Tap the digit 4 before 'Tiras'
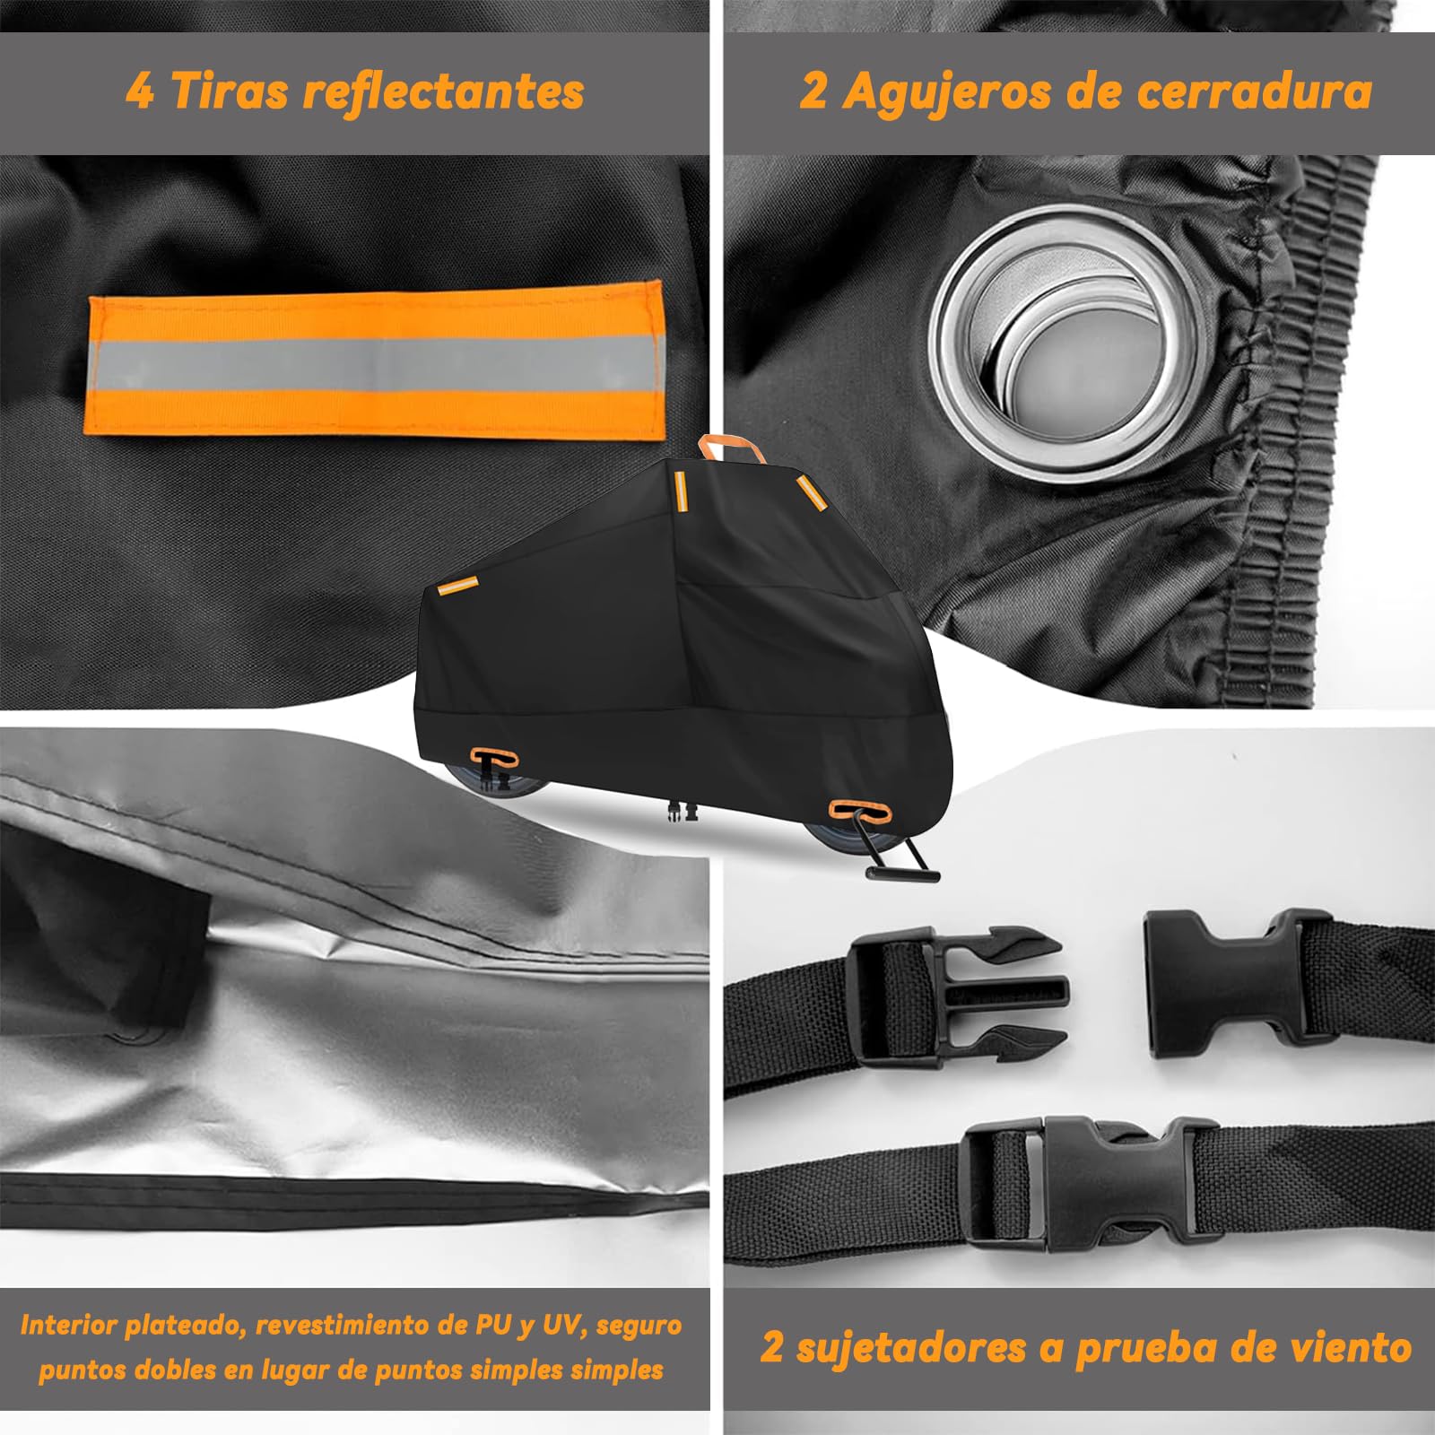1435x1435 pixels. (x=140, y=91)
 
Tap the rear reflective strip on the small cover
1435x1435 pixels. (x=458, y=584)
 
